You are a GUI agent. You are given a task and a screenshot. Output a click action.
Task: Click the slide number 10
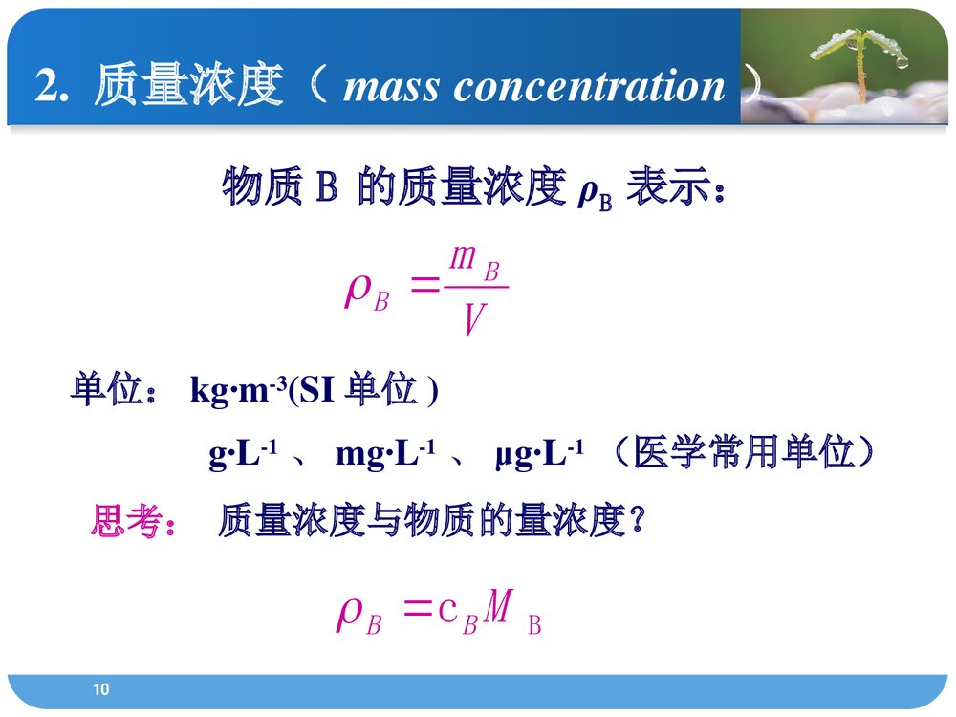102,689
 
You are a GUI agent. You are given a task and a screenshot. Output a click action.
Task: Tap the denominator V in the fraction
471,319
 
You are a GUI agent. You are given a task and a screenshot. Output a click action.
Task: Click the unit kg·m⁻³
239,391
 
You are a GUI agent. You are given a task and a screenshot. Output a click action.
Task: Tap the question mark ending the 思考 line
641,522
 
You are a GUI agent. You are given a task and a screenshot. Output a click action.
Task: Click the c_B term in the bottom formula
457,613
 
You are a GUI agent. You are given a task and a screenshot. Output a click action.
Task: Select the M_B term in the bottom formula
512,613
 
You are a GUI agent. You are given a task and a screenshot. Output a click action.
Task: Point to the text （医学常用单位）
741,453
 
